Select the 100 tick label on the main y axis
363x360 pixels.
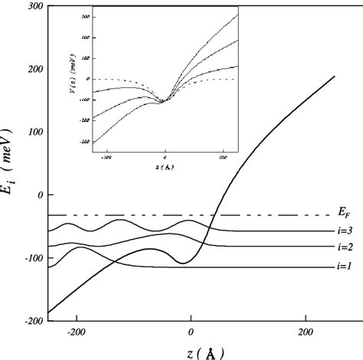(31, 132)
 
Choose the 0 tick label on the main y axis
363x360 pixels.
(36, 195)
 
